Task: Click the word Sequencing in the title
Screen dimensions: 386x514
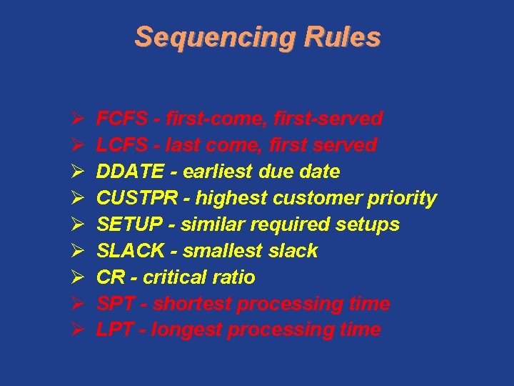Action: (214, 37)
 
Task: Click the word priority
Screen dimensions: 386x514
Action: (401, 199)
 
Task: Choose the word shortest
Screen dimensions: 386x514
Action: (192, 304)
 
